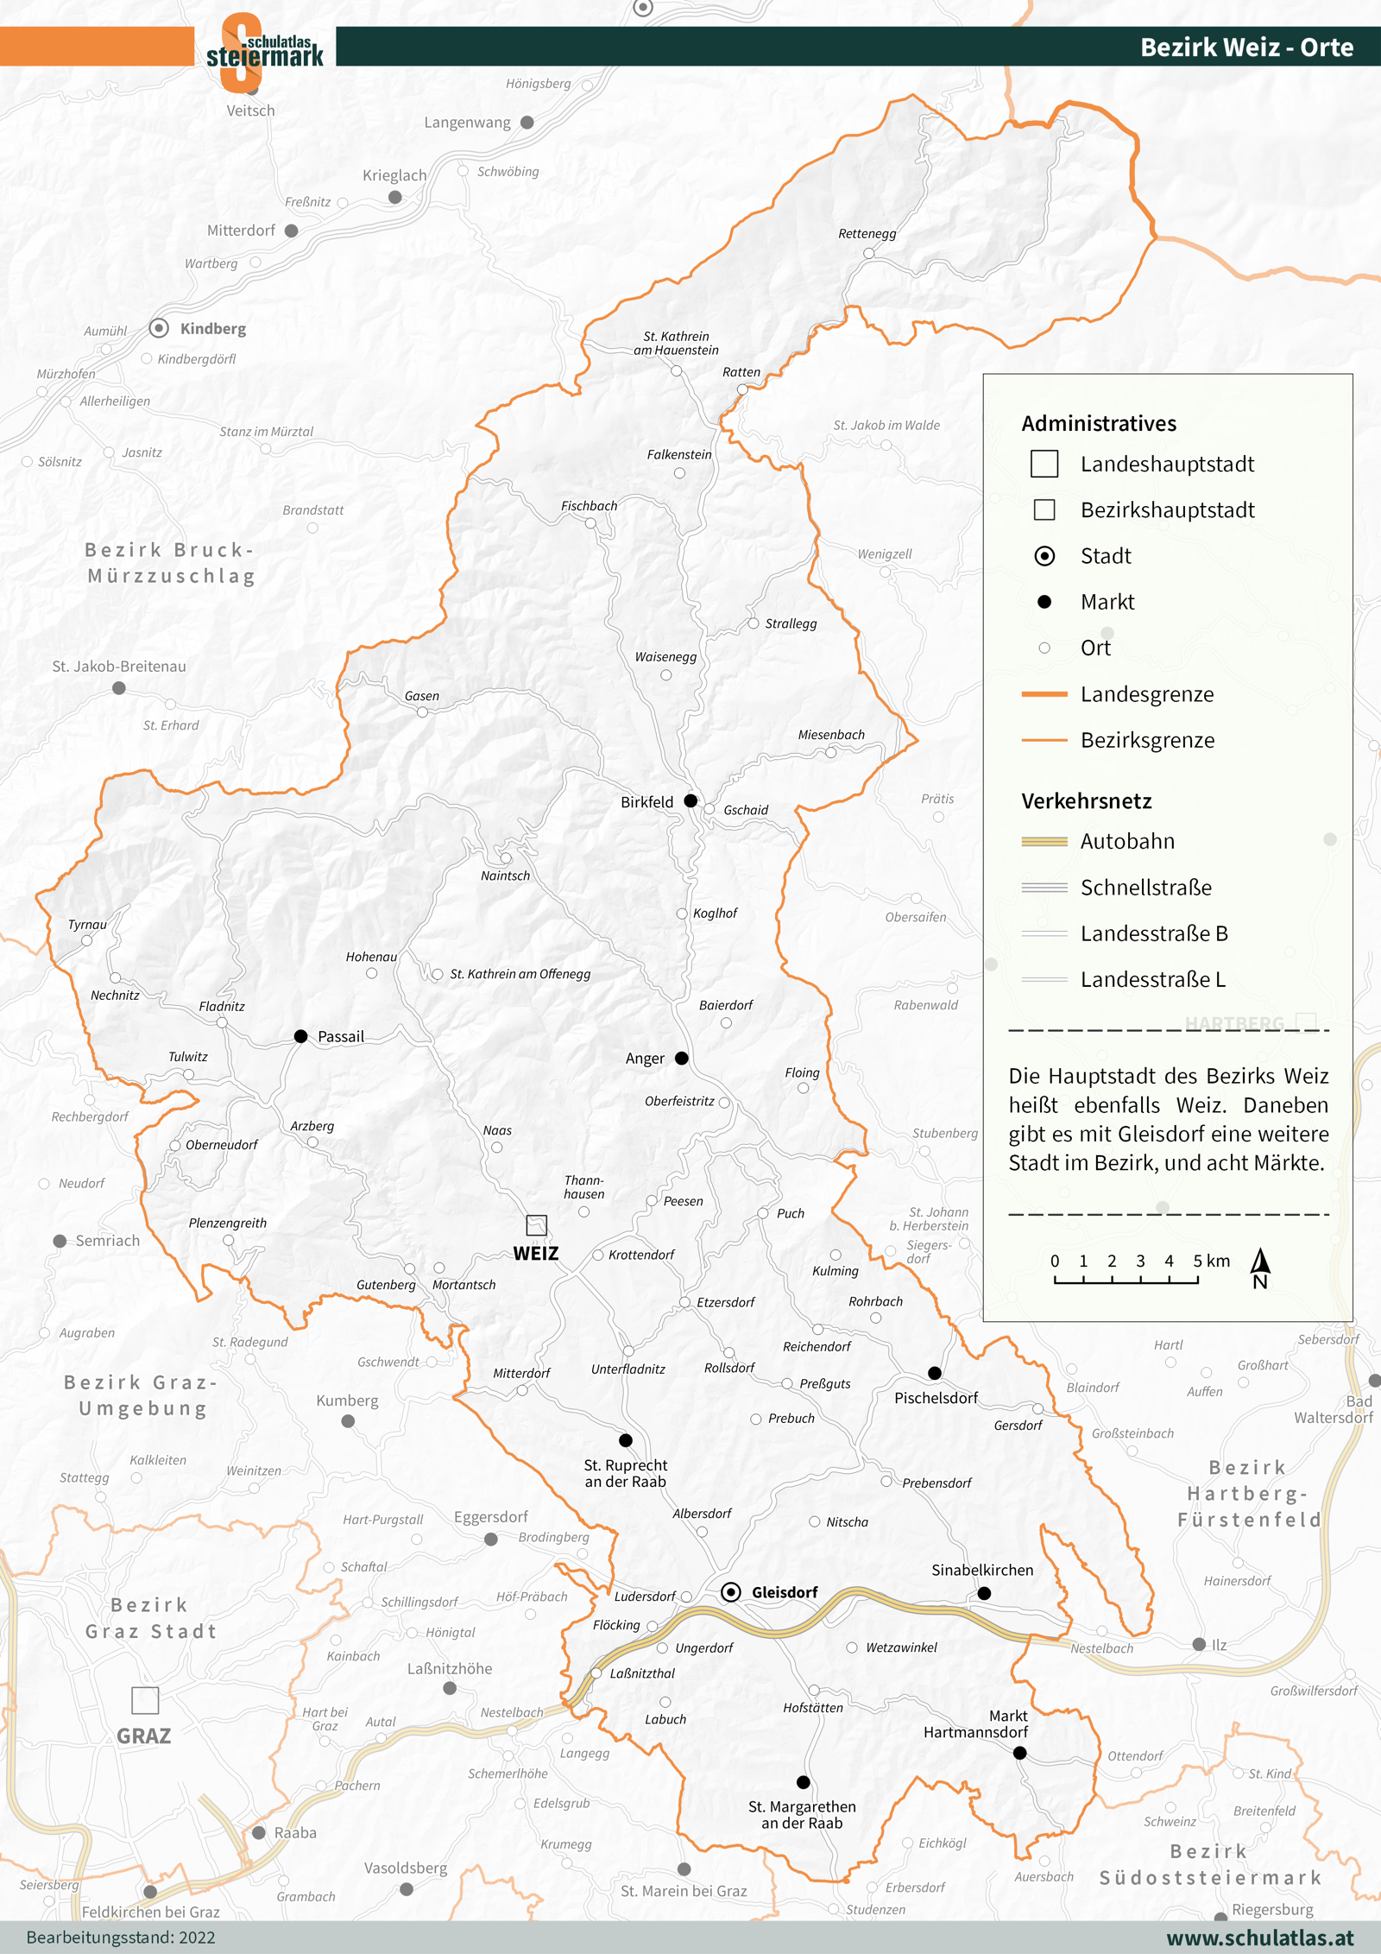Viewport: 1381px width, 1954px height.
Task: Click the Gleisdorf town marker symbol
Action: coord(730,1591)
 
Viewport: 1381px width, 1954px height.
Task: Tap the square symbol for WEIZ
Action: coord(536,1224)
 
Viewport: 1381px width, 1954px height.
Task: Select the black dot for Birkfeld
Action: coord(690,800)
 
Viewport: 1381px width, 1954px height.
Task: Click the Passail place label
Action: coord(341,1036)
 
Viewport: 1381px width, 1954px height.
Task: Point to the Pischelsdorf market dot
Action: coord(935,1373)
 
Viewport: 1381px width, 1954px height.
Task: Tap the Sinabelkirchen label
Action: coord(982,1570)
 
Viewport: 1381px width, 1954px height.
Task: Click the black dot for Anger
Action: coord(682,1058)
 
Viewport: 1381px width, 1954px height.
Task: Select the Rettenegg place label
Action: coord(867,233)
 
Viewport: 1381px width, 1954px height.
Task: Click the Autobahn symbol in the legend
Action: coord(1044,841)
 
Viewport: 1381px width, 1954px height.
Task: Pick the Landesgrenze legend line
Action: coord(1044,694)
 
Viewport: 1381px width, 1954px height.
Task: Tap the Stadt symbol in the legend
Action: coord(1044,556)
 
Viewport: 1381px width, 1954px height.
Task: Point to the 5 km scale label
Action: coord(1211,1261)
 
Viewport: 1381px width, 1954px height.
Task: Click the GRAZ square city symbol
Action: coord(145,1700)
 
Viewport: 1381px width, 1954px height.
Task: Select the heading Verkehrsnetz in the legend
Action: coord(1087,800)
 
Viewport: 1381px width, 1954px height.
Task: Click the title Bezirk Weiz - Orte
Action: coord(1246,47)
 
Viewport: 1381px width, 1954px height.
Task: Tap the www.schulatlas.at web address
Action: coord(1260,1938)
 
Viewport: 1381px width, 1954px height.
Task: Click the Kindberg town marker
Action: coord(159,328)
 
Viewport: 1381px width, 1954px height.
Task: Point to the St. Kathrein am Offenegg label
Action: coord(520,974)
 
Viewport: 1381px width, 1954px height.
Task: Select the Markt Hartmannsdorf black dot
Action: coord(1019,1753)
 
